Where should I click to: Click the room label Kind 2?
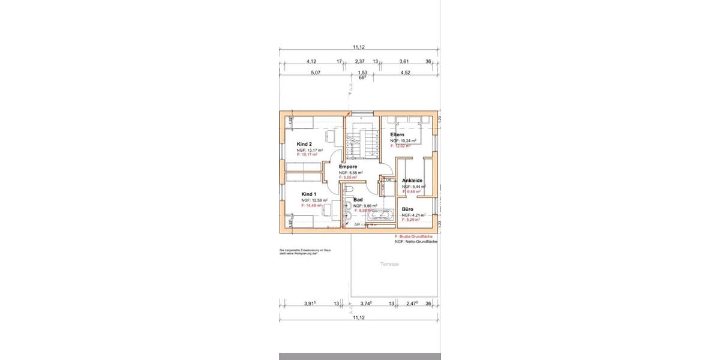(304, 144)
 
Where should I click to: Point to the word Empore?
(348, 167)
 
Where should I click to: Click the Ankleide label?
(413, 181)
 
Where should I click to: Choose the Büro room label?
(408, 209)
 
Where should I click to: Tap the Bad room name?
(358, 199)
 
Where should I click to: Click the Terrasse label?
(389, 264)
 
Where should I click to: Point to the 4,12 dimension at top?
(311, 61)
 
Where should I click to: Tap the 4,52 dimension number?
(405, 73)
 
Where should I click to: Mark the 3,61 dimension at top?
(404, 61)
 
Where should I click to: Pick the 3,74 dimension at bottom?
(365, 304)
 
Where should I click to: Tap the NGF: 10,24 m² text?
(403, 140)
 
